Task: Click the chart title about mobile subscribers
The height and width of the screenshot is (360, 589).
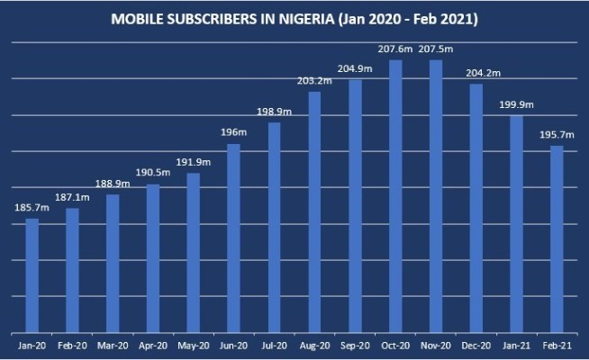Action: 294,18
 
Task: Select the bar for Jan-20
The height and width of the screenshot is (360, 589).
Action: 32,274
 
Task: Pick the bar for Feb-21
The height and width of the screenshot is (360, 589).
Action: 557,238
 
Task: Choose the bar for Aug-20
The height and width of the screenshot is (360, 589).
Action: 314,211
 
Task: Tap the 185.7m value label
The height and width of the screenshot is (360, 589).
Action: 32,208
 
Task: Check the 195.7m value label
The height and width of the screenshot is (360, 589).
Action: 557,135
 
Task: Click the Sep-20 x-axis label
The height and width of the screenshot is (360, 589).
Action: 355,346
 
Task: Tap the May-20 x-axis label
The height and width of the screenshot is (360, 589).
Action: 194,346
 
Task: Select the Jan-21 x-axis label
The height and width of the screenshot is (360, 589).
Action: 516,346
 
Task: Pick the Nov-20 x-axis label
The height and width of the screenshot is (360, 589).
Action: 436,346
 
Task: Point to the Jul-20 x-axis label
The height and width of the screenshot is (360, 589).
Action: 274,346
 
